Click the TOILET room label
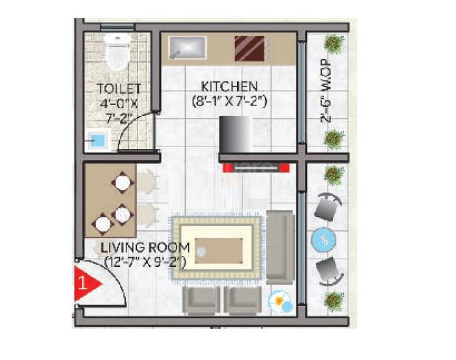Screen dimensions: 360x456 click(x=119, y=89)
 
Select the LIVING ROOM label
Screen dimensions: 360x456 click(x=145, y=248)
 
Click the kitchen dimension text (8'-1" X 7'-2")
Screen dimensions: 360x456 click(x=231, y=101)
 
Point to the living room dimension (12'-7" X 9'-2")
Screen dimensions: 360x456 click(x=145, y=262)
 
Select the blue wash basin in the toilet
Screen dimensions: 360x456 click(x=97, y=139)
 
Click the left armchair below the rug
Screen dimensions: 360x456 click(x=203, y=300)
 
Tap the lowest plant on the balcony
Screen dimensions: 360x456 click(x=334, y=301)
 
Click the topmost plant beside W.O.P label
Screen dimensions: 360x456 click(x=334, y=44)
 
